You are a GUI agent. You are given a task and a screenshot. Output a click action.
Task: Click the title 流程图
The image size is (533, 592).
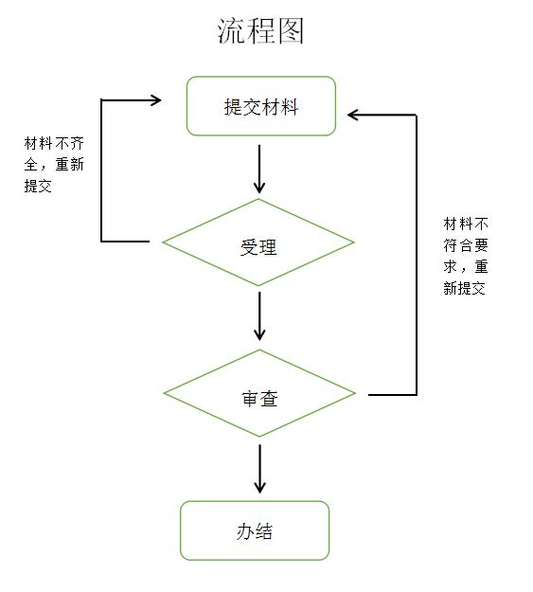tap(260, 31)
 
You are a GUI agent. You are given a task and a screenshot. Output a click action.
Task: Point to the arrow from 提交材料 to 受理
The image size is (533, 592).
tap(259, 170)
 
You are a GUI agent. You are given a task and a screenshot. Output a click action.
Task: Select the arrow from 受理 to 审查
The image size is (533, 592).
tap(259, 316)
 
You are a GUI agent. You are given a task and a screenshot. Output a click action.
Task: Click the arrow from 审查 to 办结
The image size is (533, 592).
tap(260, 469)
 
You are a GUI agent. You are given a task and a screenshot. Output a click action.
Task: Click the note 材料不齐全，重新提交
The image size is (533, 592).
tap(54, 165)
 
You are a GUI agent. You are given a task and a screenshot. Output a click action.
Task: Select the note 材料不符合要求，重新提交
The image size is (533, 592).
tap(466, 256)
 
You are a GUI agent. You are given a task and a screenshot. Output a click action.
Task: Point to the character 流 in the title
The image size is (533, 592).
tap(231, 31)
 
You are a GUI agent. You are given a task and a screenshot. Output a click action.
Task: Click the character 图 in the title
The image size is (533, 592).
tap(291, 31)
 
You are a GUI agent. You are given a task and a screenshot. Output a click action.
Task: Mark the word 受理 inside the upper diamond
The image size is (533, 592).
tap(258, 247)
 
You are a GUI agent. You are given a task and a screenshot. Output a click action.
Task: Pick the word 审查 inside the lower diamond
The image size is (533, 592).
tap(259, 399)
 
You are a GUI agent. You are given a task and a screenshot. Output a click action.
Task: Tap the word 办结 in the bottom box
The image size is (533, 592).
tap(255, 531)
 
